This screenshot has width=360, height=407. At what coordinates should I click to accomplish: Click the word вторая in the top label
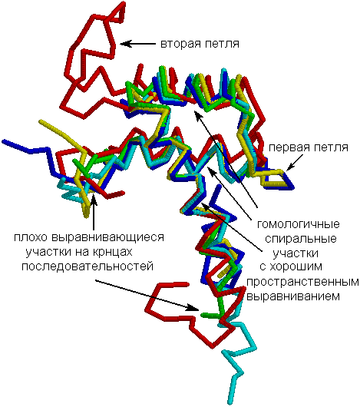tap(180, 44)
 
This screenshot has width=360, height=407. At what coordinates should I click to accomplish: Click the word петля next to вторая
tap(222, 44)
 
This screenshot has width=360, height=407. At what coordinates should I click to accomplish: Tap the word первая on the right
tap(289, 147)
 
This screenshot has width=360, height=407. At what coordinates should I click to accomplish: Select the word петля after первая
tap(331, 147)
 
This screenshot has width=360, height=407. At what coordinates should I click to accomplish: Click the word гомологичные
tap(299, 223)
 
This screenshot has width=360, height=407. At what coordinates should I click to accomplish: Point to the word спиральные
tap(301, 238)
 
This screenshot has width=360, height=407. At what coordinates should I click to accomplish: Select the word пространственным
tap(302, 282)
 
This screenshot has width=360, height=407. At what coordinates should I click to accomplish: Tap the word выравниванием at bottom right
tap(292, 296)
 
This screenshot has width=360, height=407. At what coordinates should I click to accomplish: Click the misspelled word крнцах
tap(112, 252)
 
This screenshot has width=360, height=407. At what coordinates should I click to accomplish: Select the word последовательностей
tap(88, 266)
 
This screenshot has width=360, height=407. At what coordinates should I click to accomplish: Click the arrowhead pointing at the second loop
tap(125, 44)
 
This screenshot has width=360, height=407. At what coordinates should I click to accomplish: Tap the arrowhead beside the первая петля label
tap(289, 167)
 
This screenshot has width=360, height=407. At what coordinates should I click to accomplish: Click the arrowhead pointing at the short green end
tap(193, 308)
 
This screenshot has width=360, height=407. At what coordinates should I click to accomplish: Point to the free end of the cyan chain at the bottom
tap(230, 402)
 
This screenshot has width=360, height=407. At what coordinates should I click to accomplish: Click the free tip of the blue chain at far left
tap(4, 141)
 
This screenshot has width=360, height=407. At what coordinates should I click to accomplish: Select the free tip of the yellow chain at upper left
tap(41, 121)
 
